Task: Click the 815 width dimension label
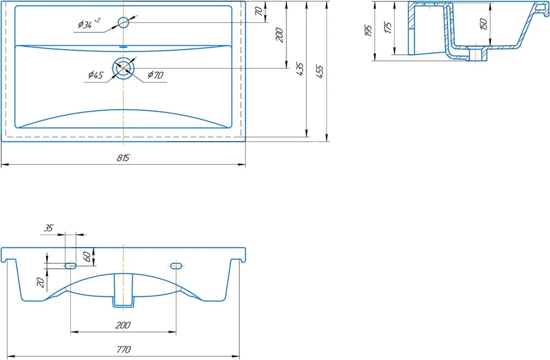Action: (123, 158)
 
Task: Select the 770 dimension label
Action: (123, 350)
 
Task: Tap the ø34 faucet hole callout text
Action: (89, 24)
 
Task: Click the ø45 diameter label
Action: (95, 75)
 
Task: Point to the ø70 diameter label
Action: (156, 75)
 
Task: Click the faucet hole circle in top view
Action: (123, 23)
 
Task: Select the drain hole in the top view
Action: (123, 68)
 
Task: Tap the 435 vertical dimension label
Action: (300, 69)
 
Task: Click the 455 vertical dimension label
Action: (320, 71)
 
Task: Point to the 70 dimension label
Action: (259, 11)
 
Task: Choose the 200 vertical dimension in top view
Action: (279, 35)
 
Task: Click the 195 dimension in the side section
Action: (368, 31)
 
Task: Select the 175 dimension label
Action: (388, 27)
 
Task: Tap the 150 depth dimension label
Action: (483, 24)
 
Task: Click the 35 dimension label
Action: (48, 228)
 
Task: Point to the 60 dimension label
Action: (87, 257)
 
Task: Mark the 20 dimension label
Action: (41, 283)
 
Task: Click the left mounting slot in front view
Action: (70, 265)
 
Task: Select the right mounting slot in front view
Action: (176, 265)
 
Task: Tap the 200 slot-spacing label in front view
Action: (123, 325)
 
